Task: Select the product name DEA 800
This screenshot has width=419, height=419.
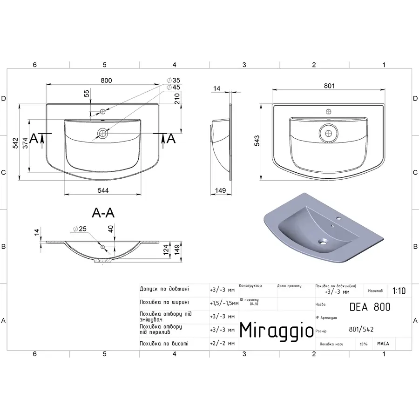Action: pos(370,307)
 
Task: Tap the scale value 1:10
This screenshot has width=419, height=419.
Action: pos(399,291)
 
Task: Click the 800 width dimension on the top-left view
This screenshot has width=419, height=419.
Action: pos(107,80)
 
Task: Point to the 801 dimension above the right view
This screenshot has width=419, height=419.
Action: pos(330,86)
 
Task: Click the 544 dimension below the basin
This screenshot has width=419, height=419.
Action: pos(103,190)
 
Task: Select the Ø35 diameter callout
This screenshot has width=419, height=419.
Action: pos(173,81)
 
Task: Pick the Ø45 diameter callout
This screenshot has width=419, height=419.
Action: pos(173,87)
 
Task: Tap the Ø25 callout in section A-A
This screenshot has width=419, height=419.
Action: pos(80,229)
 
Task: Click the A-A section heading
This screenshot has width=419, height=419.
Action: pos(103,213)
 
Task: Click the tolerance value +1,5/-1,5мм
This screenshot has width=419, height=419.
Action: pos(224,303)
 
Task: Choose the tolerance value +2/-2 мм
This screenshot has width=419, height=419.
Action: pos(223,344)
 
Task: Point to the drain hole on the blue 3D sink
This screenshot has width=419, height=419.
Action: pos(323,242)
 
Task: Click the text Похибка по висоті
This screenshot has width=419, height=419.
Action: pos(164,344)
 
